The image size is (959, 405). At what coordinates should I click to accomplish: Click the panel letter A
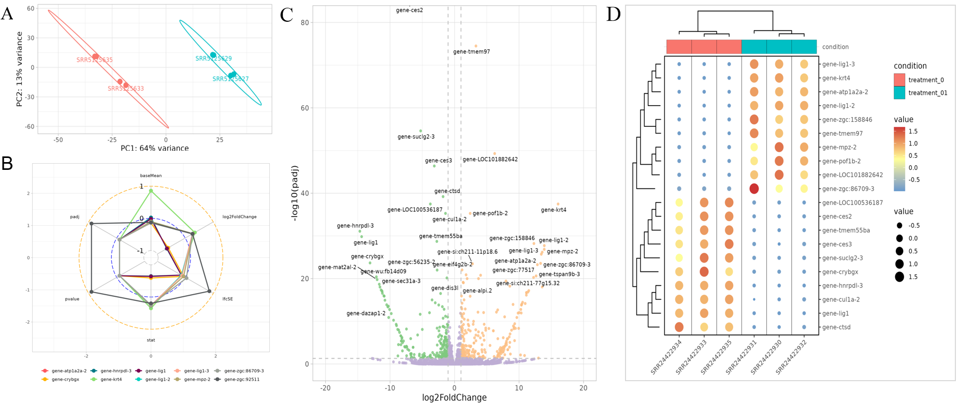[x=7, y=13]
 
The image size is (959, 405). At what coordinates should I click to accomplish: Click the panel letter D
[x=613, y=15]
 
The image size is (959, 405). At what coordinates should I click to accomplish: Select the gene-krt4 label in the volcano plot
[x=553, y=210]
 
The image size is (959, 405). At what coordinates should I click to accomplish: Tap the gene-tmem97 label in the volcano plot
[x=471, y=52]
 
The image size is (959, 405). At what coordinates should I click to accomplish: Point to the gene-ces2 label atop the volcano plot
[x=409, y=10]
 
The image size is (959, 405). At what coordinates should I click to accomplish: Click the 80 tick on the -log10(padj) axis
[x=304, y=23]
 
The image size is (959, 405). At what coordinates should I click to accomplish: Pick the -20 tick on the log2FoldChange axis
[x=325, y=388]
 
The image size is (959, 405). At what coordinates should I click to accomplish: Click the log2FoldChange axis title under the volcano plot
[x=454, y=398]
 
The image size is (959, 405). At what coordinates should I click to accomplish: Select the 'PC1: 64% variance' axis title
[x=154, y=148]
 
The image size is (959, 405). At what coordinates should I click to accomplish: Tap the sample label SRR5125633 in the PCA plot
[x=126, y=89]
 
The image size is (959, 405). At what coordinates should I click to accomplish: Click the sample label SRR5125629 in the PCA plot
[x=213, y=59]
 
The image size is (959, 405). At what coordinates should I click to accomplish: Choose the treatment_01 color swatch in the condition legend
[x=899, y=93]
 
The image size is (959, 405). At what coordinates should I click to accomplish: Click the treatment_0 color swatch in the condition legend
[x=899, y=80]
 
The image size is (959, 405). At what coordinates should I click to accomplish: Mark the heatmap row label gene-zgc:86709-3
[x=848, y=189]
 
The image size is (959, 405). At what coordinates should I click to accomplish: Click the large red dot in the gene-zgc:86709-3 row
[x=754, y=189]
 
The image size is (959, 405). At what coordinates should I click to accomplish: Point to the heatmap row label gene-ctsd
[x=836, y=327]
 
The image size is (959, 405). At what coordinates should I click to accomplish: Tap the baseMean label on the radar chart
[x=151, y=176]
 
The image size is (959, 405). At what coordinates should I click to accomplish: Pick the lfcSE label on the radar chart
[x=227, y=299]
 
